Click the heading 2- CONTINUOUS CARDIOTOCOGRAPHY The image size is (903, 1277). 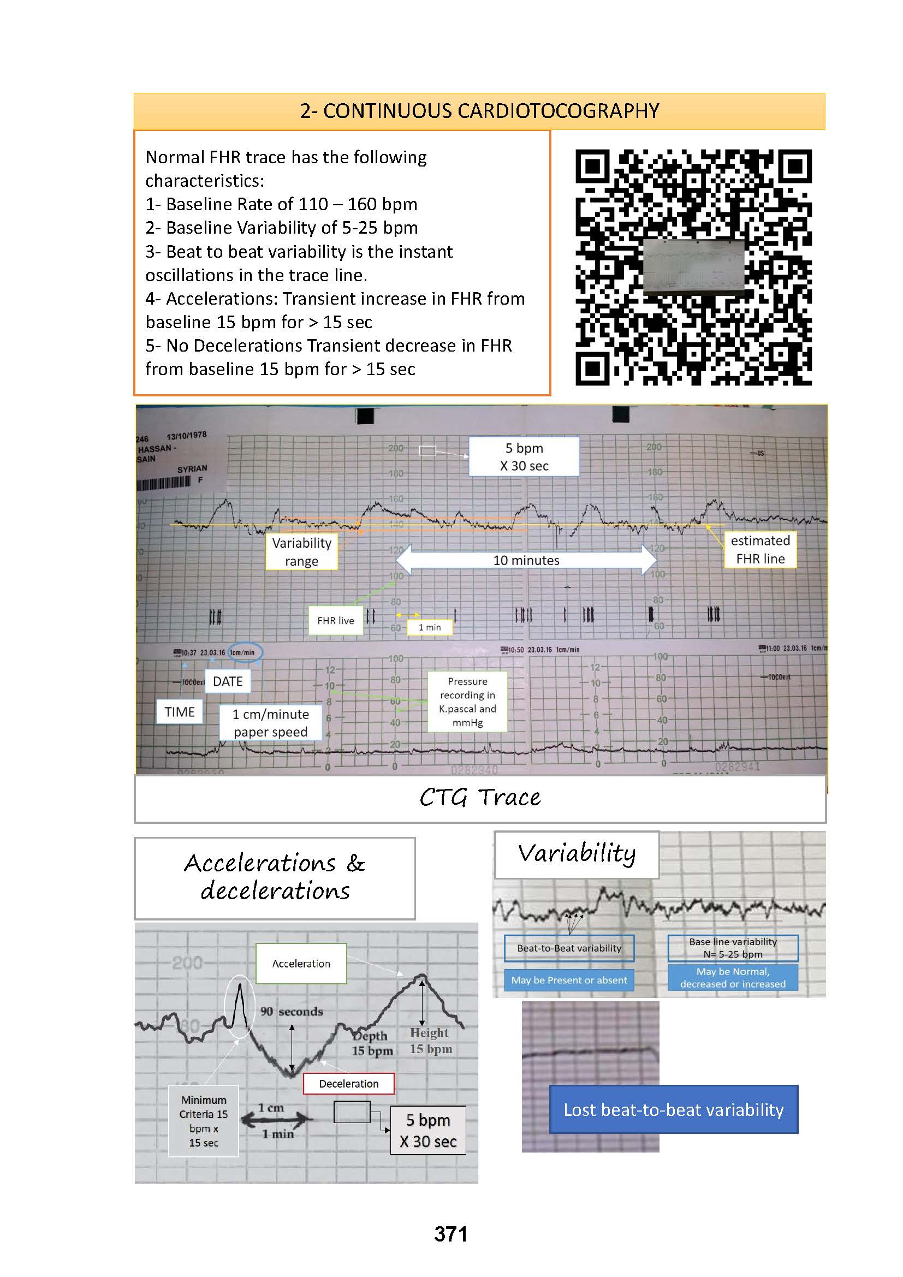[479, 111]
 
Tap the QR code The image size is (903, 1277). [693, 267]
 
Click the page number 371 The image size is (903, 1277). [450, 1234]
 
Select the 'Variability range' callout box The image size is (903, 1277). [301, 552]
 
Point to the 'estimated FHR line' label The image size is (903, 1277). [760, 550]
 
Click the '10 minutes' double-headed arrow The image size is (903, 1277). [526, 560]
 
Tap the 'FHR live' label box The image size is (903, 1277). [335, 621]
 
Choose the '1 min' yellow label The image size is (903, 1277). [429, 627]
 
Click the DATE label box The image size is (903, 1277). [228, 681]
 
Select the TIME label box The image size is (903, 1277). [180, 712]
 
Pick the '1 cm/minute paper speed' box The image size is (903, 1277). [270, 722]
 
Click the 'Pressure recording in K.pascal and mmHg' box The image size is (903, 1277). [467, 702]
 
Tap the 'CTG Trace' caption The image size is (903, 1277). [479, 798]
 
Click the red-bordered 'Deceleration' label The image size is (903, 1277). [349, 1083]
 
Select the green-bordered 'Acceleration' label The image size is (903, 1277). [301, 963]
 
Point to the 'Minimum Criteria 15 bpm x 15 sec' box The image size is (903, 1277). [204, 1121]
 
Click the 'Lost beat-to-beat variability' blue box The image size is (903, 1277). [673, 1109]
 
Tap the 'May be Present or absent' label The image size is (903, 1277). [569, 980]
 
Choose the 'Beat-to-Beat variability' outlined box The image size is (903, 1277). [569, 948]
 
